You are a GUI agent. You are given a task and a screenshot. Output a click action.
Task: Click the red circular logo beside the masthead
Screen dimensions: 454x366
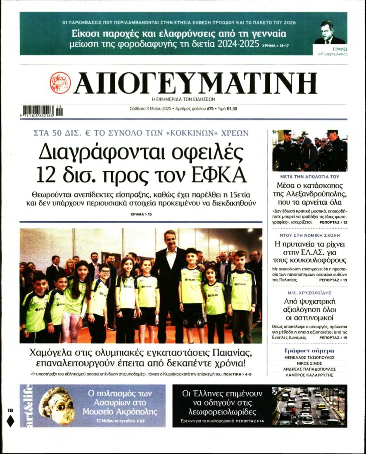[60, 83]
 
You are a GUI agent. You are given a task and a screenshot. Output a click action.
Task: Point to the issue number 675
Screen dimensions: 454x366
[210, 109]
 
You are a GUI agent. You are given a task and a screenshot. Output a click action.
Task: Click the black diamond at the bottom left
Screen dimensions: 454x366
[11, 421]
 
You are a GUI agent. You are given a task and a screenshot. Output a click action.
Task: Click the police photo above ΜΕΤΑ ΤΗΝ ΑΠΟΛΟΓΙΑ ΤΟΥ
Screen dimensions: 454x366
[310, 150]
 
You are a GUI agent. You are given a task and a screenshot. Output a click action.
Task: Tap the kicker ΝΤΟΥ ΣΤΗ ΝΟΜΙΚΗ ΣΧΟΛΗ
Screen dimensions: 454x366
[310, 235]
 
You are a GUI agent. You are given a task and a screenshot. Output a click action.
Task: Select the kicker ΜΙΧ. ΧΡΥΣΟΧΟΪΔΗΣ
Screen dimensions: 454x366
[310, 292]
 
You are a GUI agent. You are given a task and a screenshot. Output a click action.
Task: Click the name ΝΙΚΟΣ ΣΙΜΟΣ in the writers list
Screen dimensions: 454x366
[310, 363]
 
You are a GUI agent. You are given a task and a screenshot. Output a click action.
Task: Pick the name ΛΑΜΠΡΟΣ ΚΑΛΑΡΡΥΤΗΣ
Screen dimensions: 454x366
[310, 375]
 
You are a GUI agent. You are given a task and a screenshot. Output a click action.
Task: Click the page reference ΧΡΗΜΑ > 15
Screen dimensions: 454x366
[140, 214]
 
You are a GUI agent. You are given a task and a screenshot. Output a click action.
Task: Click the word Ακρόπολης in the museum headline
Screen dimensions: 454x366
[138, 411]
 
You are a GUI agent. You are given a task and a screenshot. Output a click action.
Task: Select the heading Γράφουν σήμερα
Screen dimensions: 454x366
[310, 351]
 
